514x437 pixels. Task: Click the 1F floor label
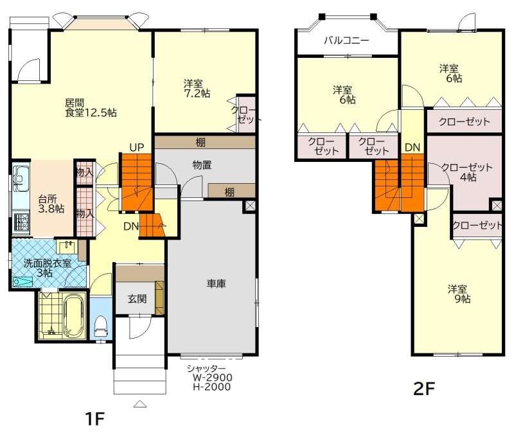94,418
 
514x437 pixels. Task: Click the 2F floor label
424,389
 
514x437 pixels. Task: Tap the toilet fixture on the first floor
101,326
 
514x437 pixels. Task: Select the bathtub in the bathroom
75,316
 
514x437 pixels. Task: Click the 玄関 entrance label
137,299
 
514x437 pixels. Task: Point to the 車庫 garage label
216,283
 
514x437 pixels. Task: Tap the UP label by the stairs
136,148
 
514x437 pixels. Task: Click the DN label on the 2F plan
412,148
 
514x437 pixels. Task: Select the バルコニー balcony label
346,40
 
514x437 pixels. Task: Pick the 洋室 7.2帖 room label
197,89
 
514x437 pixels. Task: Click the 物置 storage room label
202,165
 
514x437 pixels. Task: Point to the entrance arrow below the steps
140,404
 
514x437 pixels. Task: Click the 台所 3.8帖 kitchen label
51,204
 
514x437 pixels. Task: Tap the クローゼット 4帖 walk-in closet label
467,172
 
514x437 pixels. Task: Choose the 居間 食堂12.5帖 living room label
91,108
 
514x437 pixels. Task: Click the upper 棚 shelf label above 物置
200,142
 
